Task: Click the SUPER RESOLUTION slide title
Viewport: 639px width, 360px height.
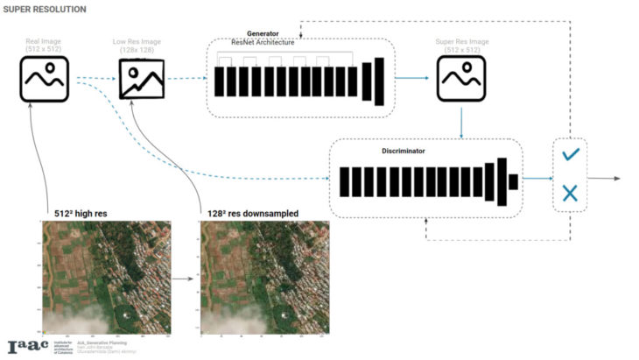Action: click(x=45, y=10)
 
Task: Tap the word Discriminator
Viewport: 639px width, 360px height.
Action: click(x=404, y=151)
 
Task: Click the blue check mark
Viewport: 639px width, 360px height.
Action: click(x=570, y=154)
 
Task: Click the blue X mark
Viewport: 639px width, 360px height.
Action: click(x=570, y=192)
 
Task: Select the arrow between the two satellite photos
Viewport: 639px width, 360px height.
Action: click(x=183, y=279)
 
